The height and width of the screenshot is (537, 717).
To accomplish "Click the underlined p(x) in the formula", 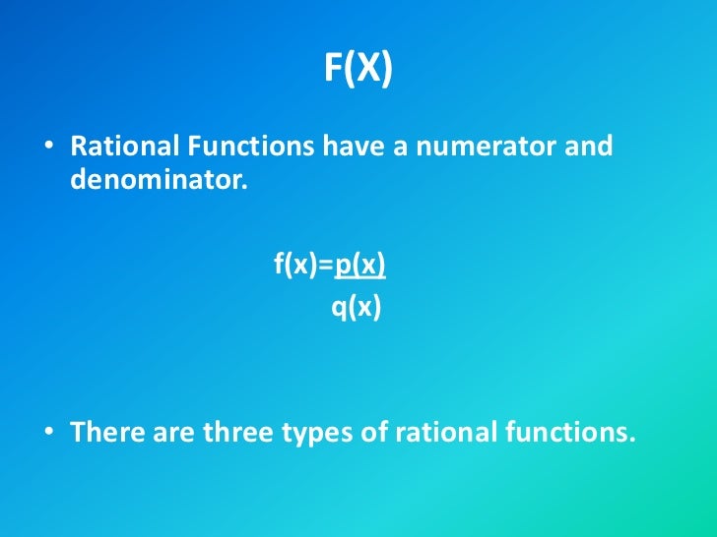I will pos(360,265).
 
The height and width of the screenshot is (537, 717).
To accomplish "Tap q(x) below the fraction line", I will pos(356,309).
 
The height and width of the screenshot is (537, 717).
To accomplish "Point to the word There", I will pos(107,432).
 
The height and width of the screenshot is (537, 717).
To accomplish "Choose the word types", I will pos(320,434).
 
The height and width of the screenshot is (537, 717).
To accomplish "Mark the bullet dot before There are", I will pos(47,434).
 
